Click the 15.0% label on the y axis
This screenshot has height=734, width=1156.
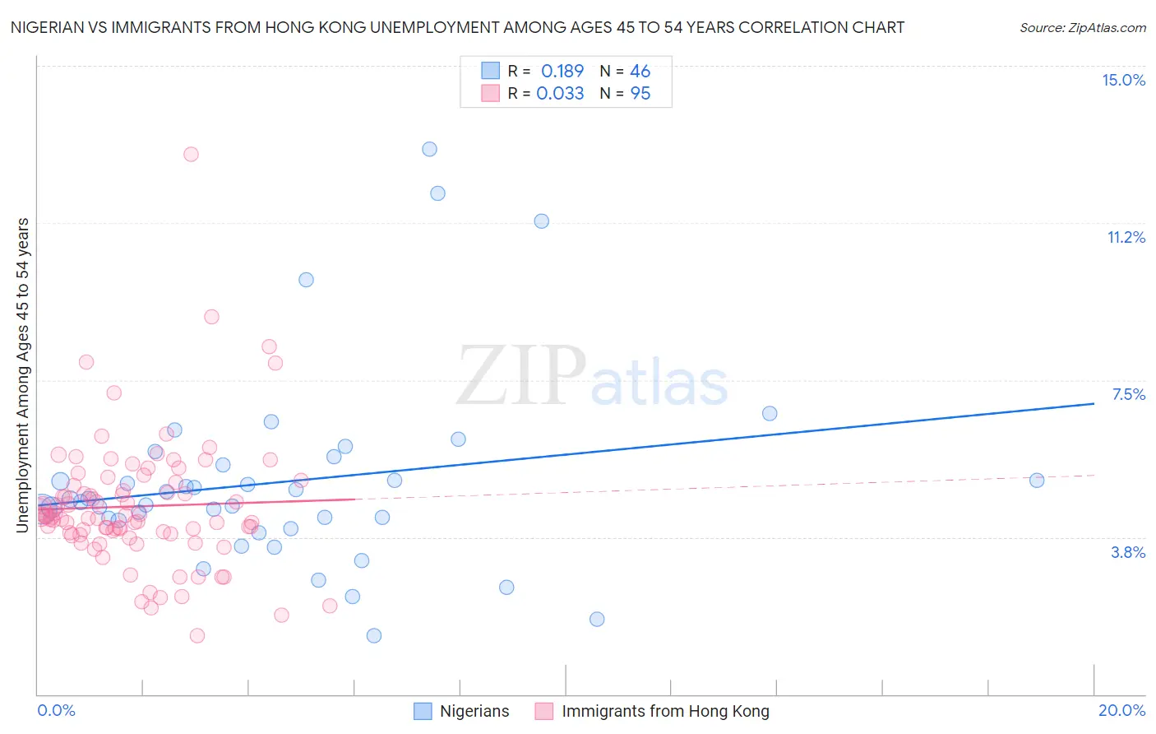(x=1123, y=80)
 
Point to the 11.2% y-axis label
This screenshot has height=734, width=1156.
(x=1126, y=237)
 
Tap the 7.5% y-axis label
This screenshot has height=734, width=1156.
(x=1128, y=394)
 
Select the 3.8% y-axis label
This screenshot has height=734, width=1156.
(x=1128, y=552)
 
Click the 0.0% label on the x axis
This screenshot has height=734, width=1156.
(x=56, y=710)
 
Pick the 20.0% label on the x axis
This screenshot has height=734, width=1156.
(x=1121, y=710)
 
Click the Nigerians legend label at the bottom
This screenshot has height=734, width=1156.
(x=474, y=712)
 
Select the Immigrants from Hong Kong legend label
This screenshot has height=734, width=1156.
(x=665, y=712)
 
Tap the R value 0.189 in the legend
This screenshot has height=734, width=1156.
(x=562, y=71)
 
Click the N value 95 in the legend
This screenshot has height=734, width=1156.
(x=640, y=94)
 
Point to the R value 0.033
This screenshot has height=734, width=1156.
(x=560, y=94)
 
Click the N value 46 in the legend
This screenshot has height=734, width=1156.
(x=640, y=71)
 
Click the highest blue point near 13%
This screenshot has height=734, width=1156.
(x=429, y=149)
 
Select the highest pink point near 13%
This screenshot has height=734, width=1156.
(x=191, y=154)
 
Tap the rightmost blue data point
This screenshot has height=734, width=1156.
(x=1037, y=481)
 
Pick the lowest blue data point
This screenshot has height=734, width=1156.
(x=374, y=635)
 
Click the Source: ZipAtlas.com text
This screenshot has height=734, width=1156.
(x=1082, y=28)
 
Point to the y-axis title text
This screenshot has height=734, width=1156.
(x=22, y=374)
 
